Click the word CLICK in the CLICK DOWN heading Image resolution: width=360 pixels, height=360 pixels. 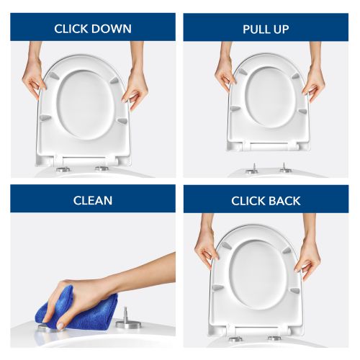(x=71, y=29)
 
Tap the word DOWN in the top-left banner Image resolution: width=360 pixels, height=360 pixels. (x=112, y=29)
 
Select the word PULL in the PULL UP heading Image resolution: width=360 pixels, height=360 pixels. (x=255, y=30)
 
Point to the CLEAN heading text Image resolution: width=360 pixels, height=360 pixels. (x=93, y=201)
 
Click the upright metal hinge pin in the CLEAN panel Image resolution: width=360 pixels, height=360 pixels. (x=125, y=319)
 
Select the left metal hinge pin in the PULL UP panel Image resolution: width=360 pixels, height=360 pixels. (x=253, y=168)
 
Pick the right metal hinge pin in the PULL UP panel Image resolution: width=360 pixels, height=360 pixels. (x=285, y=168)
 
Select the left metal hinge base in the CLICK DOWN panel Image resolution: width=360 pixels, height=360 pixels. (x=63, y=169)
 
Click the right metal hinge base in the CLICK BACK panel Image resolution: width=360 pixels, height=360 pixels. (x=274, y=338)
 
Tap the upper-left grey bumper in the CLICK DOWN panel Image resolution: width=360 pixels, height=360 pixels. (x=53, y=76)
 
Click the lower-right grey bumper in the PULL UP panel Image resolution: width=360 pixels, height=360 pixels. (x=302, y=111)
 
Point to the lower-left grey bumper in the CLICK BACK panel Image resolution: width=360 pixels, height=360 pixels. (x=217, y=287)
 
